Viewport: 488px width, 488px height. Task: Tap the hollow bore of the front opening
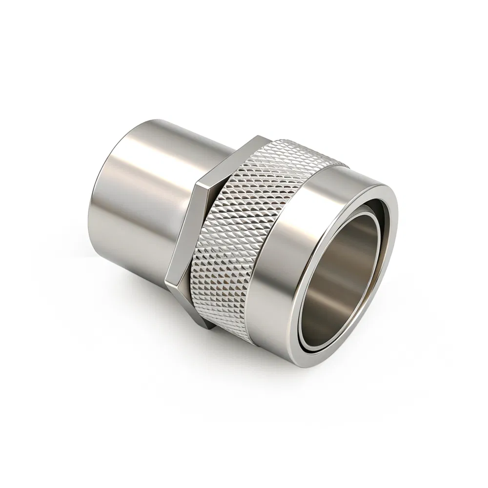click(342, 278)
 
